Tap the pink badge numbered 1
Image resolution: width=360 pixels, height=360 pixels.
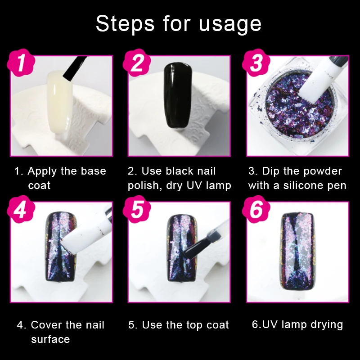click(x=21, y=63)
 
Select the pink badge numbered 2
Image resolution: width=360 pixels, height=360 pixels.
click(x=137, y=63)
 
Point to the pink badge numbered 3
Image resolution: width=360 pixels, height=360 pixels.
click(x=256, y=63)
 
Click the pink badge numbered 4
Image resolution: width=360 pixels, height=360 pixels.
click(x=21, y=209)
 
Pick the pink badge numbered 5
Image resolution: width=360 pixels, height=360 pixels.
click(x=137, y=209)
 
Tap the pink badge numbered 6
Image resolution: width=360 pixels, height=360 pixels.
click(x=256, y=209)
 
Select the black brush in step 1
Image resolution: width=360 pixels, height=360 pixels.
click(x=74, y=68)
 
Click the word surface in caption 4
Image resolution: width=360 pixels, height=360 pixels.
click(x=50, y=340)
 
